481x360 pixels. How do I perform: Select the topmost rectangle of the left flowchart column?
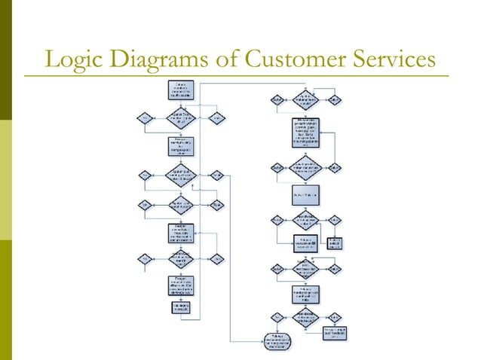click(x=180, y=90)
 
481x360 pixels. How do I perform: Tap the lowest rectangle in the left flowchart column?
click(x=180, y=307)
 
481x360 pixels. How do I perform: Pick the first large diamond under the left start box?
click(x=180, y=117)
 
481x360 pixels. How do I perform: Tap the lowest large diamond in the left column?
click(x=180, y=258)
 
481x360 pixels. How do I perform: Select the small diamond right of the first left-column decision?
click(x=216, y=117)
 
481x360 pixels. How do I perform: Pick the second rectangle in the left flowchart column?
click(x=180, y=145)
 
